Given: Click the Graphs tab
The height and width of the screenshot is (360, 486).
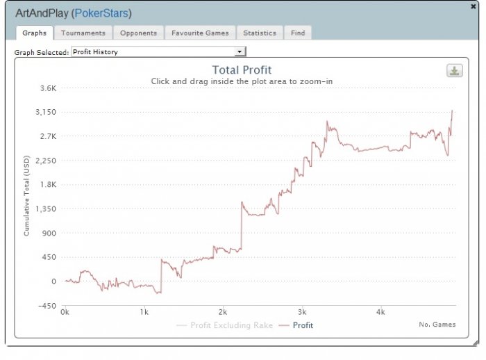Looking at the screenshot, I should pyautogui.click(x=34, y=33).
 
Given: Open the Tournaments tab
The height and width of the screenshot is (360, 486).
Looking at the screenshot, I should pyautogui.click(x=83, y=33).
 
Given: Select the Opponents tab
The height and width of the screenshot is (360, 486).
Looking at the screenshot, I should pyautogui.click(x=139, y=33).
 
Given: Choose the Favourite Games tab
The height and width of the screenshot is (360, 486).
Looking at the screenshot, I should pyautogui.click(x=200, y=33).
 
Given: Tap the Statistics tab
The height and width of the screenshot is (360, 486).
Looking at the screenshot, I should pyautogui.click(x=260, y=33).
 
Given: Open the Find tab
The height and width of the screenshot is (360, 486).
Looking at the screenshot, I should pyautogui.click(x=298, y=33).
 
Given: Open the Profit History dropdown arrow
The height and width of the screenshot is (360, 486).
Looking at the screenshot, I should pyautogui.click(x=240, y=51).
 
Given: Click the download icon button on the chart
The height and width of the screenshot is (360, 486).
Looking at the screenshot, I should pyautogui.click(x=455, y=71).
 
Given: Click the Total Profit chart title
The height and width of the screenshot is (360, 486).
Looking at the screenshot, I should pyautogui.click(x=242, y=69).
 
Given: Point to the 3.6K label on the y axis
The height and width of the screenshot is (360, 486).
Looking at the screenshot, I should pyautogui.click(x=48, y=88).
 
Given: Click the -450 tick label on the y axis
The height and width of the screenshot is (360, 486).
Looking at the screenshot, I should pyautogui.click(x=47, y=306).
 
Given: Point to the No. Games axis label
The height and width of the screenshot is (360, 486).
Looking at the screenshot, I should pyautogui.click(x=437, y=325).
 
